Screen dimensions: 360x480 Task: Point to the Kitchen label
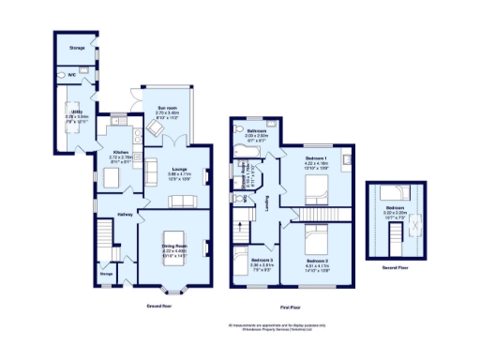(x=120, y=152)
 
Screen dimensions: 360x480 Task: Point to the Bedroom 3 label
(x=262, y=260)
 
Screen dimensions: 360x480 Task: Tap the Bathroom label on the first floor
(x=257, y=131)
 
